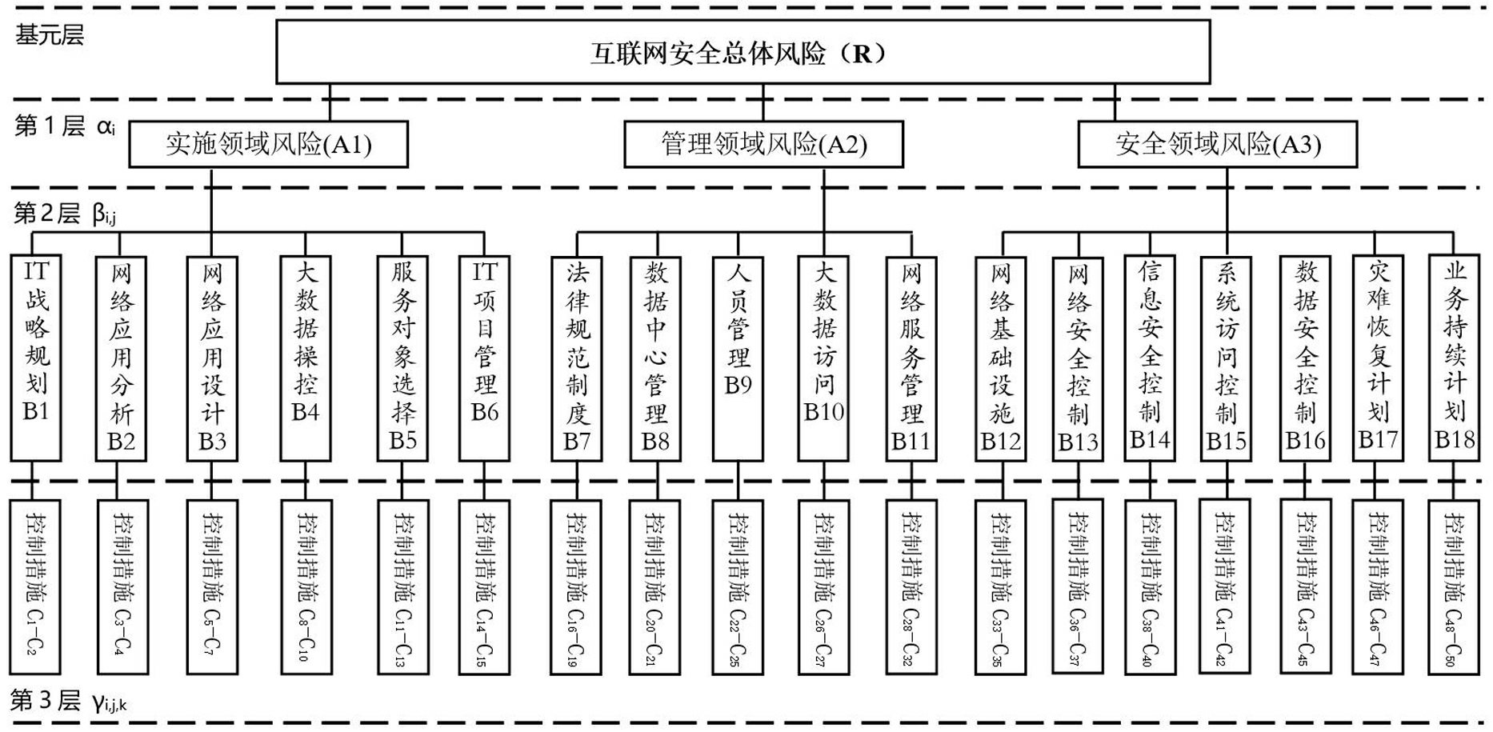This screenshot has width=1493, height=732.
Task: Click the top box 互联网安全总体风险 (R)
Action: coord(742,53)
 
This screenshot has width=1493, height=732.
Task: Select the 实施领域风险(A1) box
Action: coord(268,144)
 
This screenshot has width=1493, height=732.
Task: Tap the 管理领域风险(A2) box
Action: coord(763,144)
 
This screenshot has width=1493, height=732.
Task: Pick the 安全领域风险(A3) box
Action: coord(1217,144)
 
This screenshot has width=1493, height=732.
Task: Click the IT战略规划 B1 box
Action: coord(36,358)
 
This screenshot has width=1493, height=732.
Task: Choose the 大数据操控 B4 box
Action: coord(306,358)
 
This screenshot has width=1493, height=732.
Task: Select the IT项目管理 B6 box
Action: coord(484,358)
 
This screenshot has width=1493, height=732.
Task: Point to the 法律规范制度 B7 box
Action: coord(577,358)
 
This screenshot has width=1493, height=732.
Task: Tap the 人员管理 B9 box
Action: coord(738,358)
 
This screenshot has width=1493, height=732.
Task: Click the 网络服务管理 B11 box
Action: coord(911,358)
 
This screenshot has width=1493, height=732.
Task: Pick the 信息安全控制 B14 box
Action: coord(1150,358)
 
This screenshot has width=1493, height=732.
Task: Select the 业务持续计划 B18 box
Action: coord(1455,358)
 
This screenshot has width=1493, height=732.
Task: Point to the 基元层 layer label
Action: coord(50,35)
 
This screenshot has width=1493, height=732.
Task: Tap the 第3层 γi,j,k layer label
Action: coord(69,702)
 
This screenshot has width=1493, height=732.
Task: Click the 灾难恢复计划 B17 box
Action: coord(1378,358)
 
